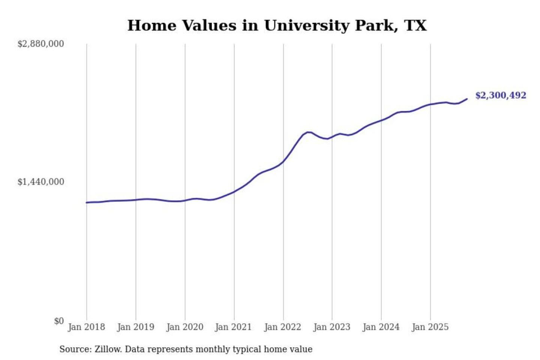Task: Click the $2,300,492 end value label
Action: click(x=500, y=95)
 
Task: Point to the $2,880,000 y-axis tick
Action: click(x=41, y=44)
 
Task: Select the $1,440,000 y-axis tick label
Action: click(x=41, y=182)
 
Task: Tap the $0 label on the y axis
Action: click(x=59, y=321)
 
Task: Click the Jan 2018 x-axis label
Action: click(x=87, y=327)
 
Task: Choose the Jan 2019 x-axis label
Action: click(x=136, y=327)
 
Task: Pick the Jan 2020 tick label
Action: click(x=185, y=327)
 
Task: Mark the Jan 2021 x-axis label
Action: click(x=233, y=327)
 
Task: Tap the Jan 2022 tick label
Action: click(x=283, y=327)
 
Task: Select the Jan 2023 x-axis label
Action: click(x=332, y=327)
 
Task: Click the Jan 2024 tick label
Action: click(x=381, y=327)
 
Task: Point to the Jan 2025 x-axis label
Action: click(x=430, y=327)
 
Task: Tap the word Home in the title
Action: click(x=152, y=25)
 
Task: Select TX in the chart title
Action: click(x=415, y=25)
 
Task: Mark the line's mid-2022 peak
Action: click(x=308, y=132)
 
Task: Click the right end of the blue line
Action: click(x=467, y=99)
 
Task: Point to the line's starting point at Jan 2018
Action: click(x=87, y=202)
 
